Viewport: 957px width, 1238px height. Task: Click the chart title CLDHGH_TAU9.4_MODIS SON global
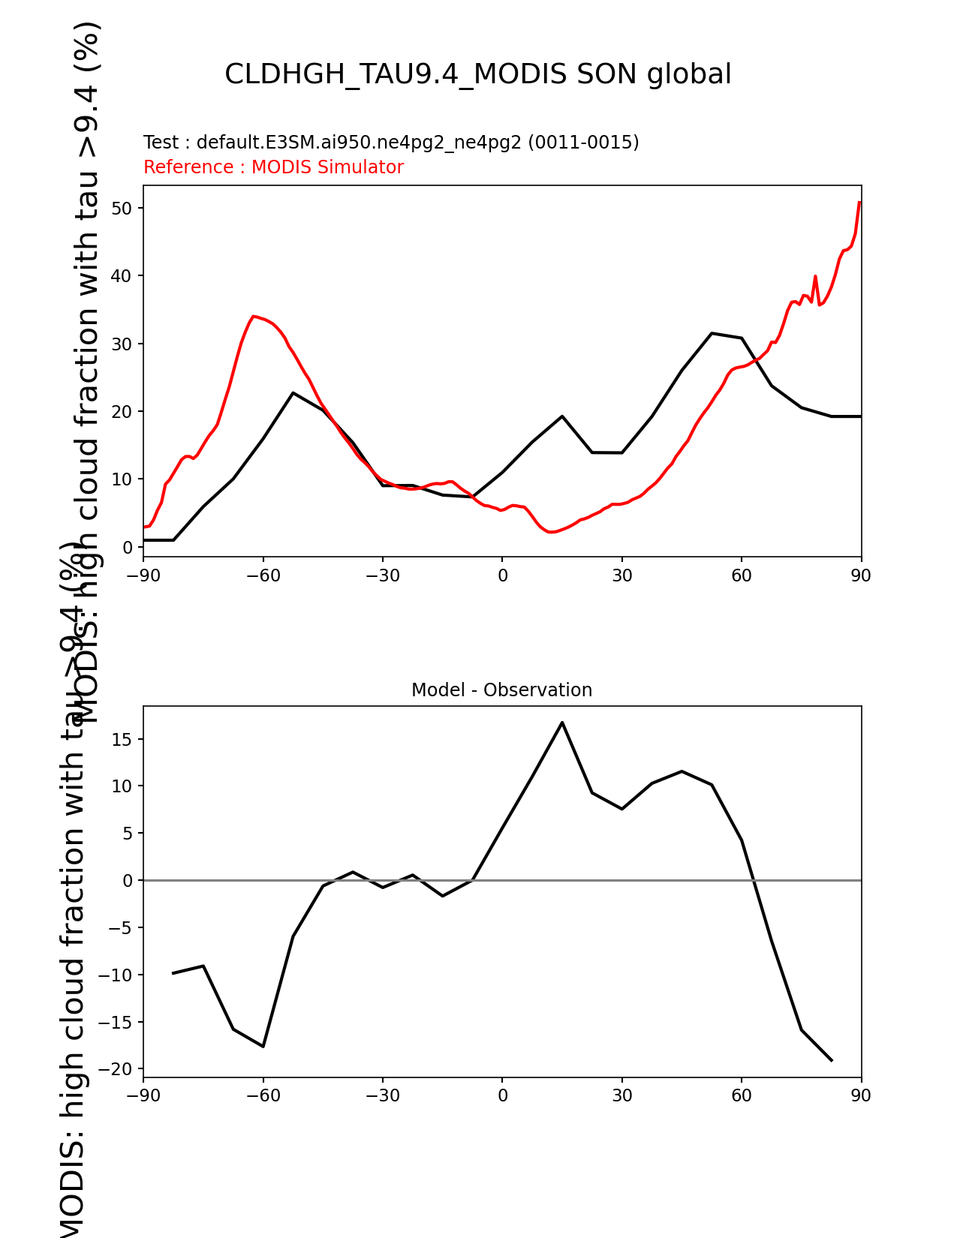coord(477,74)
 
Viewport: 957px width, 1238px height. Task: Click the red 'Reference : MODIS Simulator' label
coord(273,167)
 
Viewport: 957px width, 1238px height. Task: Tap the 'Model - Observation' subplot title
coord(501,690)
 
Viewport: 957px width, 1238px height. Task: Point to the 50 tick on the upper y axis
coord(122,208)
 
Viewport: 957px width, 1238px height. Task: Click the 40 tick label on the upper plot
coord(122,276)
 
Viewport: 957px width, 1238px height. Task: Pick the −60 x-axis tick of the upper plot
coord(263,575)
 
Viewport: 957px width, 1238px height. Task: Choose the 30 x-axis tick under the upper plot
coord(621,575)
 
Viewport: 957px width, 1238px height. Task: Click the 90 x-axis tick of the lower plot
coord(861,1095)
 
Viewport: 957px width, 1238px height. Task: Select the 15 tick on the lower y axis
coord(122,740)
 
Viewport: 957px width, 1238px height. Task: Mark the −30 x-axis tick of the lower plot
coord(382,1095)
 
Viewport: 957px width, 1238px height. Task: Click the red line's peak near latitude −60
coord(254,316)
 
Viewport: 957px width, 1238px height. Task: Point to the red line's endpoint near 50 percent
coord(859,202)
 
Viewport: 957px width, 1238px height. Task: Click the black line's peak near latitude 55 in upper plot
coord(712,333)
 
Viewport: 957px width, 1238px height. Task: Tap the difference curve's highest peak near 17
coord(562,723)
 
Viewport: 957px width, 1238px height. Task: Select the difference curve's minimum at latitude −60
coord(263,1046)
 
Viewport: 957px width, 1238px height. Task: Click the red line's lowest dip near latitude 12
coord(551,532)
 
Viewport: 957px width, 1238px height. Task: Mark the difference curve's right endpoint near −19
coord(832,1060)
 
